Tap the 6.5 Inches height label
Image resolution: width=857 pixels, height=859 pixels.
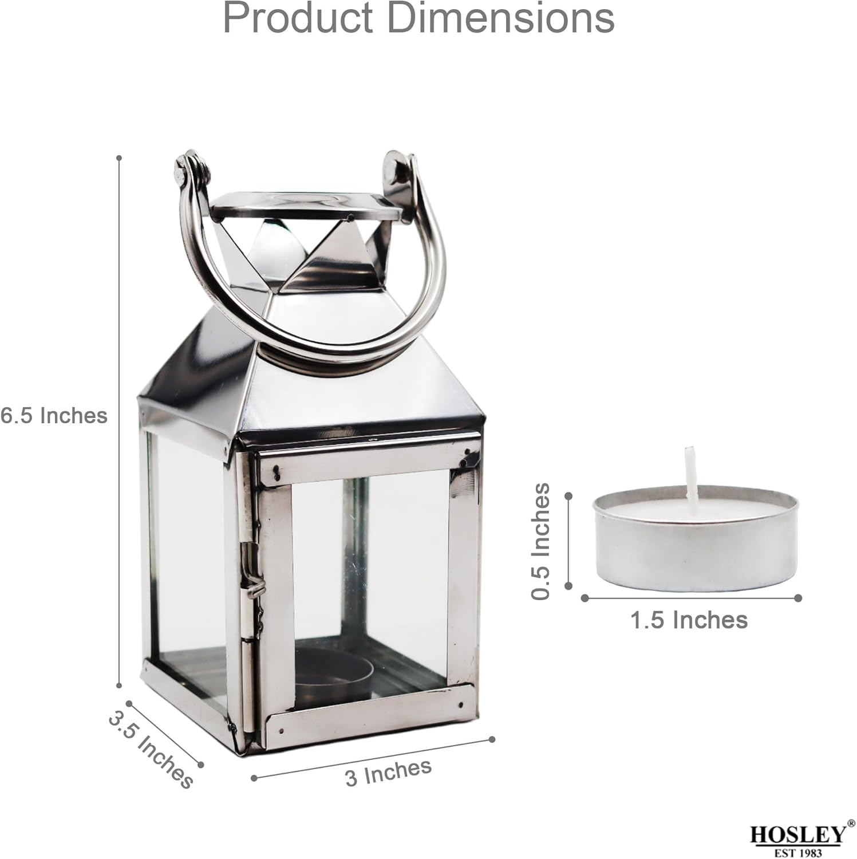pyautogui.click(x=54, y=415)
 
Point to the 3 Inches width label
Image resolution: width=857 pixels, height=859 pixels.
pyautogui.click(x=388, y=772)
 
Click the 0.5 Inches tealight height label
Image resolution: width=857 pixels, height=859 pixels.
pyautogui.click(x=540, y=541)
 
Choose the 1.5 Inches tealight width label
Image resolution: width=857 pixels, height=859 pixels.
pyautogui.click(x=689, y=620)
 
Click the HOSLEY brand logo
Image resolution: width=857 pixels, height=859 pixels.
pyautogui.click(x=797, y=836)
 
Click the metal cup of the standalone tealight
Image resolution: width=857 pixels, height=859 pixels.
pyautogui.click(x=695, y=553)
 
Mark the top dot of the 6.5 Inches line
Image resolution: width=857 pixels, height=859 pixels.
pyautogui.click(x=119, y=157)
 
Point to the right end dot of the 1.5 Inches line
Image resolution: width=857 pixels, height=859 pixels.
pyautogui.click(x=798, y=598)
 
